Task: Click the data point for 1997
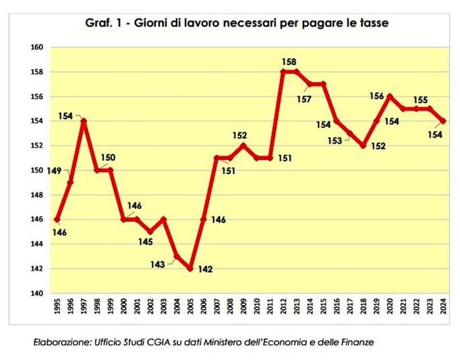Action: (83, 121)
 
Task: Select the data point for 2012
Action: (283, 72)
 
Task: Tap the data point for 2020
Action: (390, 96)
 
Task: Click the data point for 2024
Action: (444, 121)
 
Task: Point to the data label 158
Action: (289, 62)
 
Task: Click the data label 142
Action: (206, 269)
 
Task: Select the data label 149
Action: (54, 171)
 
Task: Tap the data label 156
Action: (377, 96)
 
